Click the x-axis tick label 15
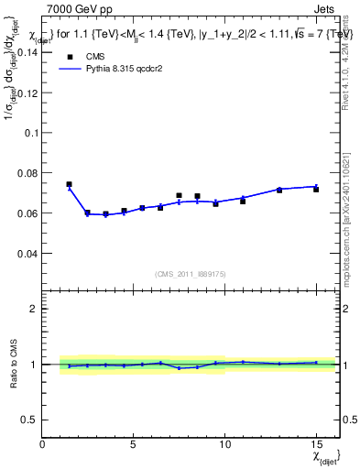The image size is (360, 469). click(x=316, y=443)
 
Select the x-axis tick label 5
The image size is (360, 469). click(x=134, y=443)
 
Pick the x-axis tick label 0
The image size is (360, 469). click(x=42, y=443)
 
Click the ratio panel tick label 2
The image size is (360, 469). click(x=33, y=310)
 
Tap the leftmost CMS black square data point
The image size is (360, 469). click(x=69, y=184)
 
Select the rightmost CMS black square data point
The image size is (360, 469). click(x=316, y=189)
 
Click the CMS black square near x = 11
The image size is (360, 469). click(x=243, y=201)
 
